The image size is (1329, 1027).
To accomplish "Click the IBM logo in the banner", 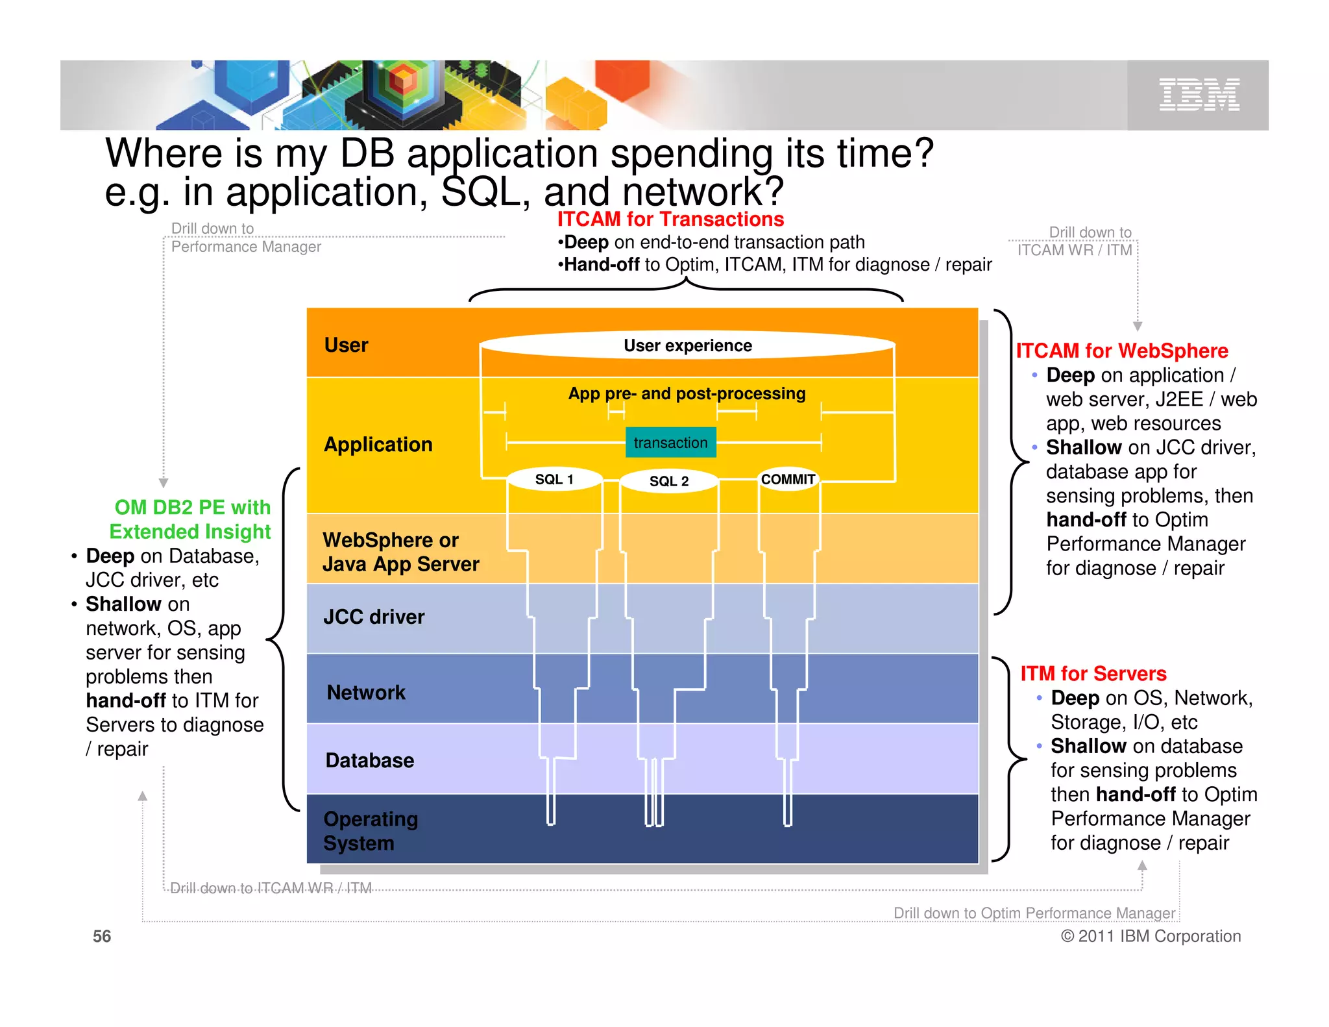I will [1199, 95].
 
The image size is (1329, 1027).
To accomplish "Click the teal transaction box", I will [670, 443].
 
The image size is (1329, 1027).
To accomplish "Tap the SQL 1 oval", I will [554, 479].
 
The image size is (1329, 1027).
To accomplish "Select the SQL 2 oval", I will [669, 481].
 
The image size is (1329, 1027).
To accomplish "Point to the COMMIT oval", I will [788, 479].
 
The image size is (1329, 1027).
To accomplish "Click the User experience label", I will [687, 345].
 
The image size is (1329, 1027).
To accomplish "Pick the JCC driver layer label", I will [374, 617].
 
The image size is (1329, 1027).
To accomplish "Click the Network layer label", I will [366, 693].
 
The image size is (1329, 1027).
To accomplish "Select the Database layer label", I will [370, 760].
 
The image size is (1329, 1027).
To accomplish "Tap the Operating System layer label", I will [370, 831].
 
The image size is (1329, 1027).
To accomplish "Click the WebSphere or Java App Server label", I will [400, 552].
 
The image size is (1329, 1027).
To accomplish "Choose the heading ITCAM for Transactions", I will [670, 219].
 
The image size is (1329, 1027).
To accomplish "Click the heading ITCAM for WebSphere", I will [1121, 351].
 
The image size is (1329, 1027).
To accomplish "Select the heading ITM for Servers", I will [1093, 673].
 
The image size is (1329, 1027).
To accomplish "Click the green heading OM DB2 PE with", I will [192, 507].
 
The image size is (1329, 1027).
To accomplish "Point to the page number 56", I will [102, 936].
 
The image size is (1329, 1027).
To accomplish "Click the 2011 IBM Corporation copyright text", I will [1151, 936].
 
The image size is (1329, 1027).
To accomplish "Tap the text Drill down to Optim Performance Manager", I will [1034, 913].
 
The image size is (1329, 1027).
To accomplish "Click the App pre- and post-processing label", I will [687, 393].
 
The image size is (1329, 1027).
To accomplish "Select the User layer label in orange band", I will [346, 345].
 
